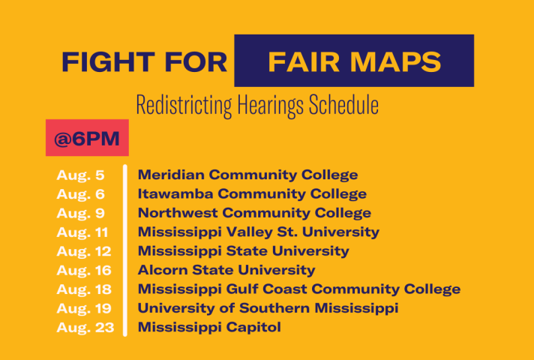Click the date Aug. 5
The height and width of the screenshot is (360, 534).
click(80, 175)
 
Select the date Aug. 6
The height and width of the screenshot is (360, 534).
click(80, 195)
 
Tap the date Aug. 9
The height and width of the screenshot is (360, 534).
click(80, 214)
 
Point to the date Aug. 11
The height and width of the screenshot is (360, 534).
click(82, 232)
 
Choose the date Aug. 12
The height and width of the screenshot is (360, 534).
click(84, 252)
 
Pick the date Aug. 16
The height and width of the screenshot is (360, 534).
click(84, 271)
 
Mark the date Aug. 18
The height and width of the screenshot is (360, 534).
click(84, 289)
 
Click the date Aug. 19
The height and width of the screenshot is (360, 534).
click(84, 309)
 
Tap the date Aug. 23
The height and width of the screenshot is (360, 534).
click(85, 328)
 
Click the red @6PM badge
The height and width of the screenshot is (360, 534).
click(87, 137)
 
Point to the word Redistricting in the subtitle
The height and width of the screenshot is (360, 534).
click(184, 106)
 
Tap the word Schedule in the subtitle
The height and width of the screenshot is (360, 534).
click(344, 105)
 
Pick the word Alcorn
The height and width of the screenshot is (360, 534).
click(163, 270)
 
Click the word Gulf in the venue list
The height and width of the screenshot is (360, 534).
click(242, 289)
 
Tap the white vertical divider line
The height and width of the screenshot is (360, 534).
click(125, 250)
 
